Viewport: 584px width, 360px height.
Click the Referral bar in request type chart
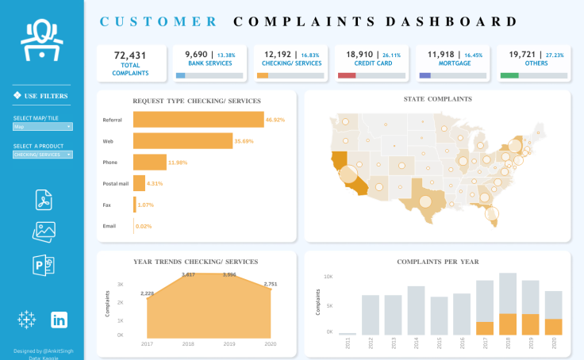(198, 120)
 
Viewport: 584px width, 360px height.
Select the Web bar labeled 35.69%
(182, 141)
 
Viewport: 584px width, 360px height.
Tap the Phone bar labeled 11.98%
(149, 163)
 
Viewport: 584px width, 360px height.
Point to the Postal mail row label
(116, 183)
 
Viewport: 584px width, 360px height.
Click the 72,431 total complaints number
(131, 55)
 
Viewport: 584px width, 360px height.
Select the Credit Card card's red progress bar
(346, 75)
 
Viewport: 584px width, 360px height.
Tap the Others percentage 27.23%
(554, 56)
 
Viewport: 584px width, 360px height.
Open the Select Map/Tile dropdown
(43, 126)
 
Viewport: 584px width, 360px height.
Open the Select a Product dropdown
(43, 155)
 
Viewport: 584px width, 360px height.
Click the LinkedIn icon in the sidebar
(59, 320)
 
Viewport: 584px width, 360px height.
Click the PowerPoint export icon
(44, 264)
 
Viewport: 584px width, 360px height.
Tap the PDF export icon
(44, 200)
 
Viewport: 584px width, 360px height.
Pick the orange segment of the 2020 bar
(554, 326)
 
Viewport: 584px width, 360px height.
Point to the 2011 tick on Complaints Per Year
(348, 343)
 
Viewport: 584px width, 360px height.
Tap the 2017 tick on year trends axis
(147, 343)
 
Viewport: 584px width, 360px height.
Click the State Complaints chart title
(438, 99)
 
